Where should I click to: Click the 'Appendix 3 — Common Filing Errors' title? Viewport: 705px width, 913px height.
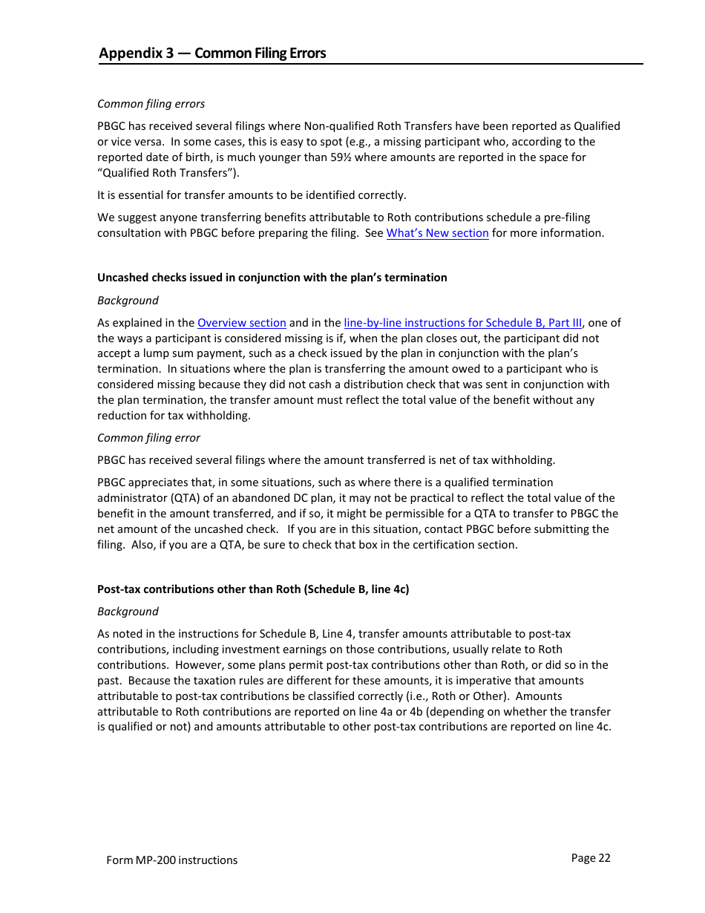(212, 53)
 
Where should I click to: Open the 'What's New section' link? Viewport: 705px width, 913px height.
(437, 233)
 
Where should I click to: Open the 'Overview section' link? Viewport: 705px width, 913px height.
(241, 323)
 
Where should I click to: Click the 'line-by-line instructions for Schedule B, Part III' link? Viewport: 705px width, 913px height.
(462, 323)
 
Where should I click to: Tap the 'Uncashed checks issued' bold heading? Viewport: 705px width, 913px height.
(272, 278)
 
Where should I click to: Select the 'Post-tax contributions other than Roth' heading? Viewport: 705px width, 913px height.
(253, 589)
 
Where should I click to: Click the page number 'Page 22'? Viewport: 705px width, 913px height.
(591, 858)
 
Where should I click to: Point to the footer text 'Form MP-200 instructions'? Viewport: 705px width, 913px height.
(172, 860)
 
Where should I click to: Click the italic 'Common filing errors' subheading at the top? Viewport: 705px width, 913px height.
(151, 104)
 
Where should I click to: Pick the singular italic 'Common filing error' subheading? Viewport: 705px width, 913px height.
(148, 438)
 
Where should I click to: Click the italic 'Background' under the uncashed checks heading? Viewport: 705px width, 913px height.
(128, 301)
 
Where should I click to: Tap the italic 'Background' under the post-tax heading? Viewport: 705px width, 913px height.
(128, 612)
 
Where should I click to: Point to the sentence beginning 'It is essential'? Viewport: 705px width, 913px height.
(252, 195)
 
